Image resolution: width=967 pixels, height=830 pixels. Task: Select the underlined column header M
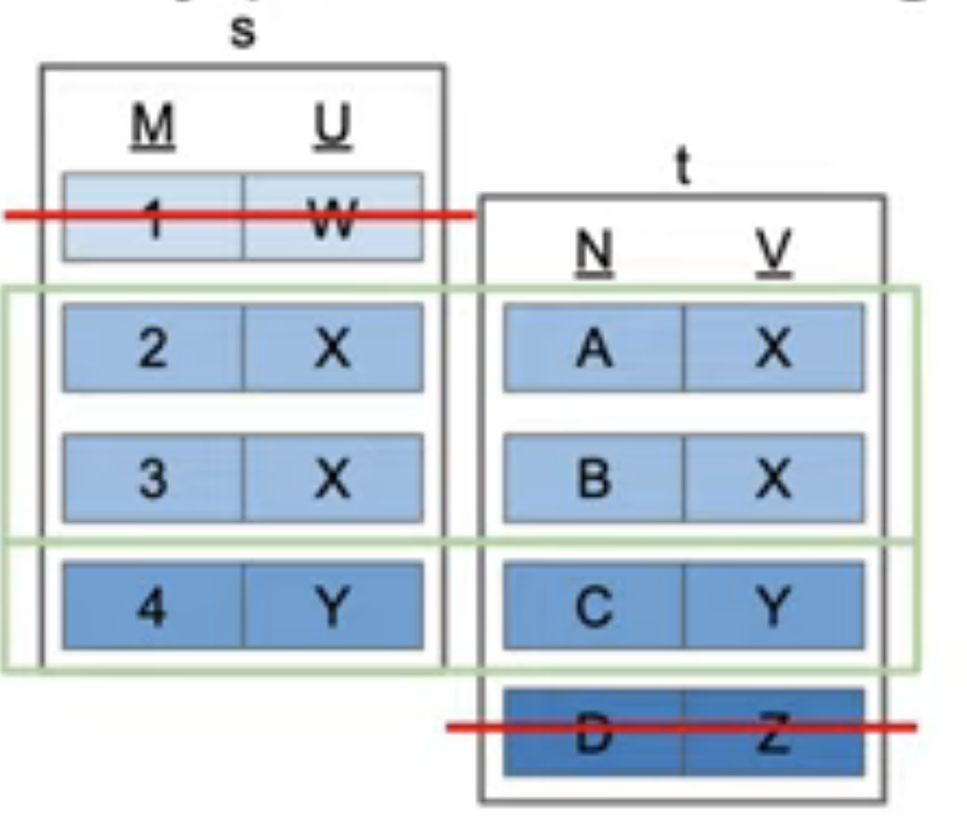pyautogui.click(x=154, y=129)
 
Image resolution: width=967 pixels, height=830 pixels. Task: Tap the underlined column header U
pyautogui.click(x=332, y=129)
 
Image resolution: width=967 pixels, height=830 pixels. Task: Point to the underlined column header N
pyautogui.click(x=594, y=252)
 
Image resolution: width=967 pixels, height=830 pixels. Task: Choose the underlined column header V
pyautogui.click(x=773, y=252)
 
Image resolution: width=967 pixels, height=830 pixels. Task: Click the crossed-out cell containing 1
pyautogui.click(x=153, y=217)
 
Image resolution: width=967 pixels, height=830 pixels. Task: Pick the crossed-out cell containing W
pyautogui.click(x=333, y=217)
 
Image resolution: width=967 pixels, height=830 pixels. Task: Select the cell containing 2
pyautogui.click(x=153, y=348)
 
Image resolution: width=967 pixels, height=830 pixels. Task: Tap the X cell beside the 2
pyautogui.click(x=333, y=348)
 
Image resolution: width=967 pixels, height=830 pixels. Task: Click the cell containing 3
pyautogui.click(x=153, y=478)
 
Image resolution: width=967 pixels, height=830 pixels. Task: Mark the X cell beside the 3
pyautogui.click(x=333, y=478)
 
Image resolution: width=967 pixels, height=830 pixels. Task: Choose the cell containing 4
pyautogui.click(x=153, y=606)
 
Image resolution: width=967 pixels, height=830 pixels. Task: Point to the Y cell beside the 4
pyautogui.click(x=333, y=606)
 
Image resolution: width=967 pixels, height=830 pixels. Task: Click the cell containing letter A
pyautogui.click(x=594, y=348)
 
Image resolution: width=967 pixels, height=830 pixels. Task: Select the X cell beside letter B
pyautogui.click(x=773, y=478)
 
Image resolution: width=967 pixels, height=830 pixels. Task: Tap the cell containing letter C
pyautogui.click(x=594, y=606)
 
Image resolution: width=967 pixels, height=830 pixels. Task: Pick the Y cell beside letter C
pyautogui.click(x=773, y=606)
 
